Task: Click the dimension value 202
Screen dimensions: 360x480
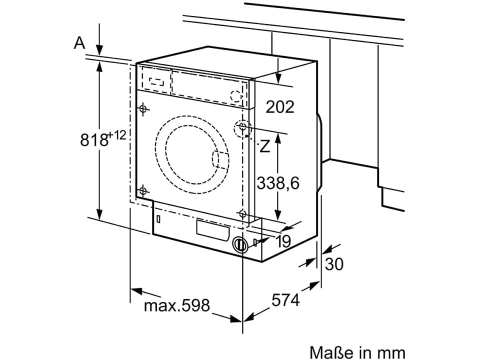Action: [x=279, y=106]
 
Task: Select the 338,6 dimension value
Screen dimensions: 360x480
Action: [x=278, y=183]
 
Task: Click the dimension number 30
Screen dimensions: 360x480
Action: [x=334, y=264]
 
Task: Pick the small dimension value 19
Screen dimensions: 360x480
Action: [x=282, y=241]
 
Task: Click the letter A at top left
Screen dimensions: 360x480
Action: [x=79, y=44]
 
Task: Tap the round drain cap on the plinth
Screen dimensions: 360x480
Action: [x=240, y=244]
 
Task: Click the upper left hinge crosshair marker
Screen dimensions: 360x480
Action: [x=143, y=108]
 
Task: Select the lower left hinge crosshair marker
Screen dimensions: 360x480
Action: [x=143, y=190]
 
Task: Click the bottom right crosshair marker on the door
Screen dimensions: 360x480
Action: [x=243, y=214]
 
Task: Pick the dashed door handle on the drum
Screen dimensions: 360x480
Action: [x=218, y=160]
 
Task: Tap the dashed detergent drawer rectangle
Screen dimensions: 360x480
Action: [x=156, y=79]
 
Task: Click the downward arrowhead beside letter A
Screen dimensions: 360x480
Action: [x=100, y=50]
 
